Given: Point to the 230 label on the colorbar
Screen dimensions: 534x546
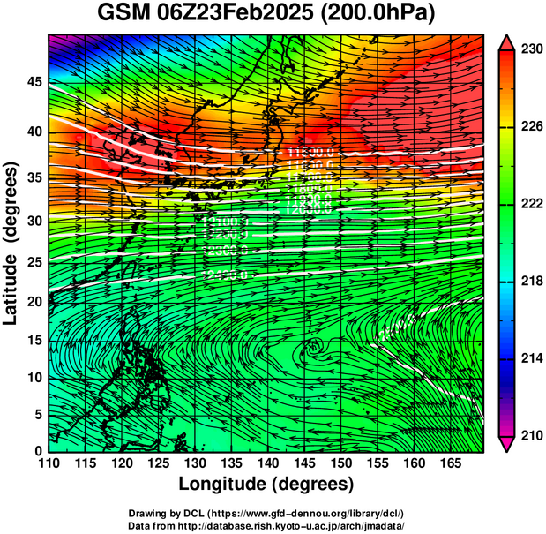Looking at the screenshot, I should (530, 50).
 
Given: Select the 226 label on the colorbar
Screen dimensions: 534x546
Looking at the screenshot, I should (530, 127).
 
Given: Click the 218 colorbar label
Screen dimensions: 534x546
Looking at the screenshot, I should (530, 281).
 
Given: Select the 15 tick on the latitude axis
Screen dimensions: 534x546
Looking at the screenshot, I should (33, 342).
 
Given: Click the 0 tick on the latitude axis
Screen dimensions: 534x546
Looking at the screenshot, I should (38, 450).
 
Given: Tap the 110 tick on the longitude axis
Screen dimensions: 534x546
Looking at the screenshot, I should (49, 463).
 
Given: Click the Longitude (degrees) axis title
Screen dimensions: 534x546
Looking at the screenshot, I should (266, 484).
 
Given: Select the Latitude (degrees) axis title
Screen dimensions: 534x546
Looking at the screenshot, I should (12, 243).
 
